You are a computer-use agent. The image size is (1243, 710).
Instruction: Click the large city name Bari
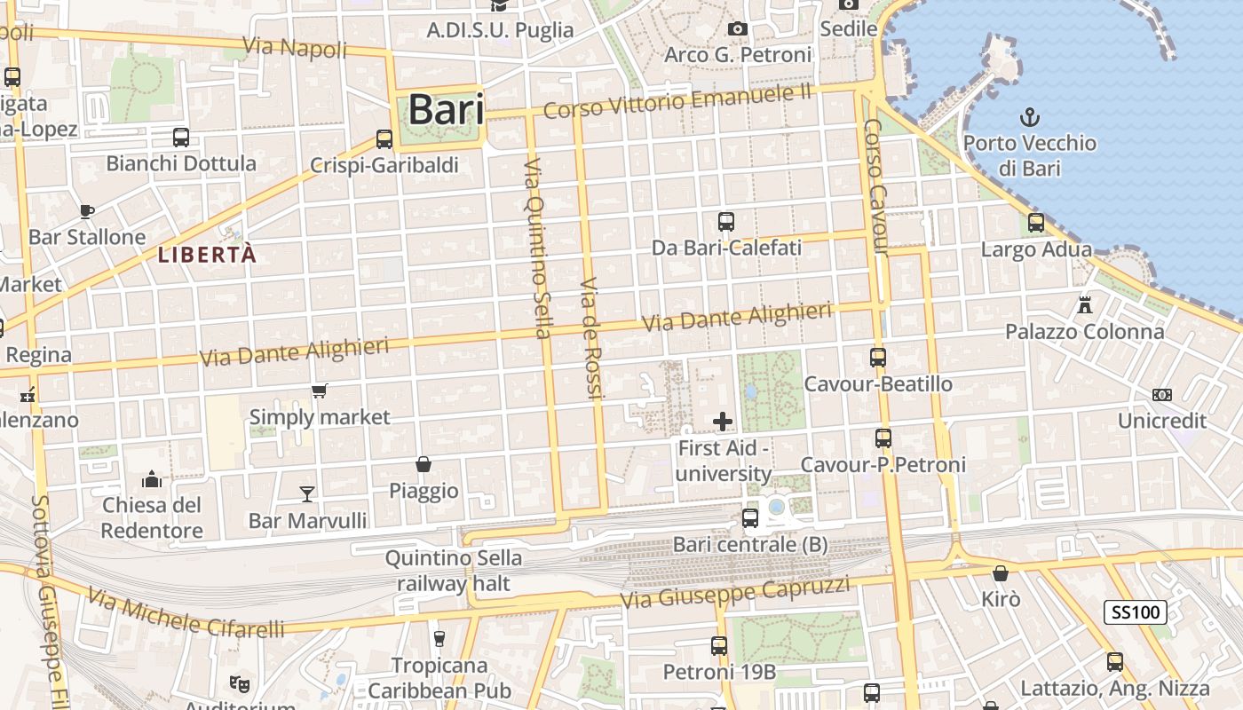[x=446, y=110]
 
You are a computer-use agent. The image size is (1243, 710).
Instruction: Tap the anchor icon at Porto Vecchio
[x=1030, y=116]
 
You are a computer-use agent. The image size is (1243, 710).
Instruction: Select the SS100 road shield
[x=1136, y=611]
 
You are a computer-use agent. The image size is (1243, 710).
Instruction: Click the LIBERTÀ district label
[x=207, y=256]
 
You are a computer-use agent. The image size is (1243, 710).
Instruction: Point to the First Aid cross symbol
[x=723, y=422]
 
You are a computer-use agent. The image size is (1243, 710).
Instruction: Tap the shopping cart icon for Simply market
[x=320, y=390]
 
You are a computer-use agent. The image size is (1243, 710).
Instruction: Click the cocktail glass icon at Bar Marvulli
[x=307, y=493]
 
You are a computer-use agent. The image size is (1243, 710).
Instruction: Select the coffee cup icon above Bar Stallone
[x=86, y=211]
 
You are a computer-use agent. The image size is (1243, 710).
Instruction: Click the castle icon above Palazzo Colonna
[x=1084, y=305]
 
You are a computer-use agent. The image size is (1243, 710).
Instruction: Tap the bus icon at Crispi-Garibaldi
[x=384, y=139]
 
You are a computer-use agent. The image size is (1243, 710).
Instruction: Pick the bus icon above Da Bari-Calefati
[x=726, y=221]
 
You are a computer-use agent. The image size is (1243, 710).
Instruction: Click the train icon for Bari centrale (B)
[x=750, y=517]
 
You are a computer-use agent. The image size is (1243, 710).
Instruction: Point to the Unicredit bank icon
[x=1161, y=394]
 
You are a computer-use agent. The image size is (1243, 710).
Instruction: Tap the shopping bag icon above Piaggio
[x=424, y=464]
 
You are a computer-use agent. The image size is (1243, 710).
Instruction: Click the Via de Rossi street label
[x=590, y=339]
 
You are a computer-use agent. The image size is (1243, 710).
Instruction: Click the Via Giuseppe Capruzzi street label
[x=735, y=592]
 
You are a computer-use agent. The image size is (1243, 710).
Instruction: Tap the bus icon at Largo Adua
[x=1036, y=223]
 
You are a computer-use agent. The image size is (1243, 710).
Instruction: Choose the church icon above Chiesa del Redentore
[x=152, y=479]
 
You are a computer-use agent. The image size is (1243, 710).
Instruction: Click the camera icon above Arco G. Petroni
[x=737, y=29]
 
